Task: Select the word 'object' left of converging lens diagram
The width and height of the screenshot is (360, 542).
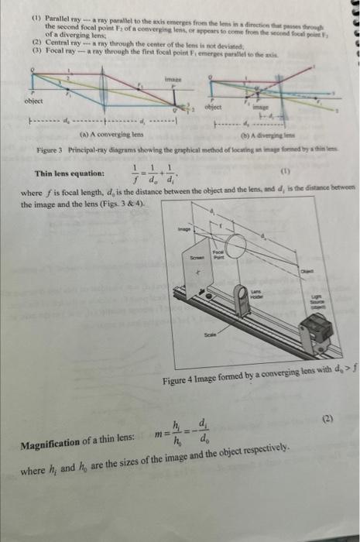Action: [x=33, y=101]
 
